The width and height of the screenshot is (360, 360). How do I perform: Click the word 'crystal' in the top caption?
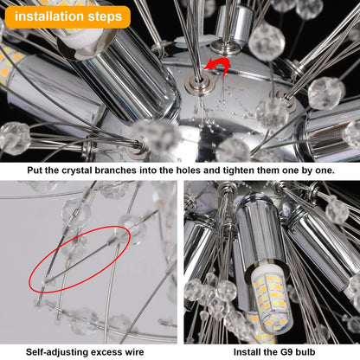95,171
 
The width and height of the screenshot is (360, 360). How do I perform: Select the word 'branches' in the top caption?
139,171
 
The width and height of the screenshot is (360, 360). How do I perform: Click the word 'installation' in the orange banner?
50,16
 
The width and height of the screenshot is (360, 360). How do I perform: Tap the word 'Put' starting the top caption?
35,171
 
